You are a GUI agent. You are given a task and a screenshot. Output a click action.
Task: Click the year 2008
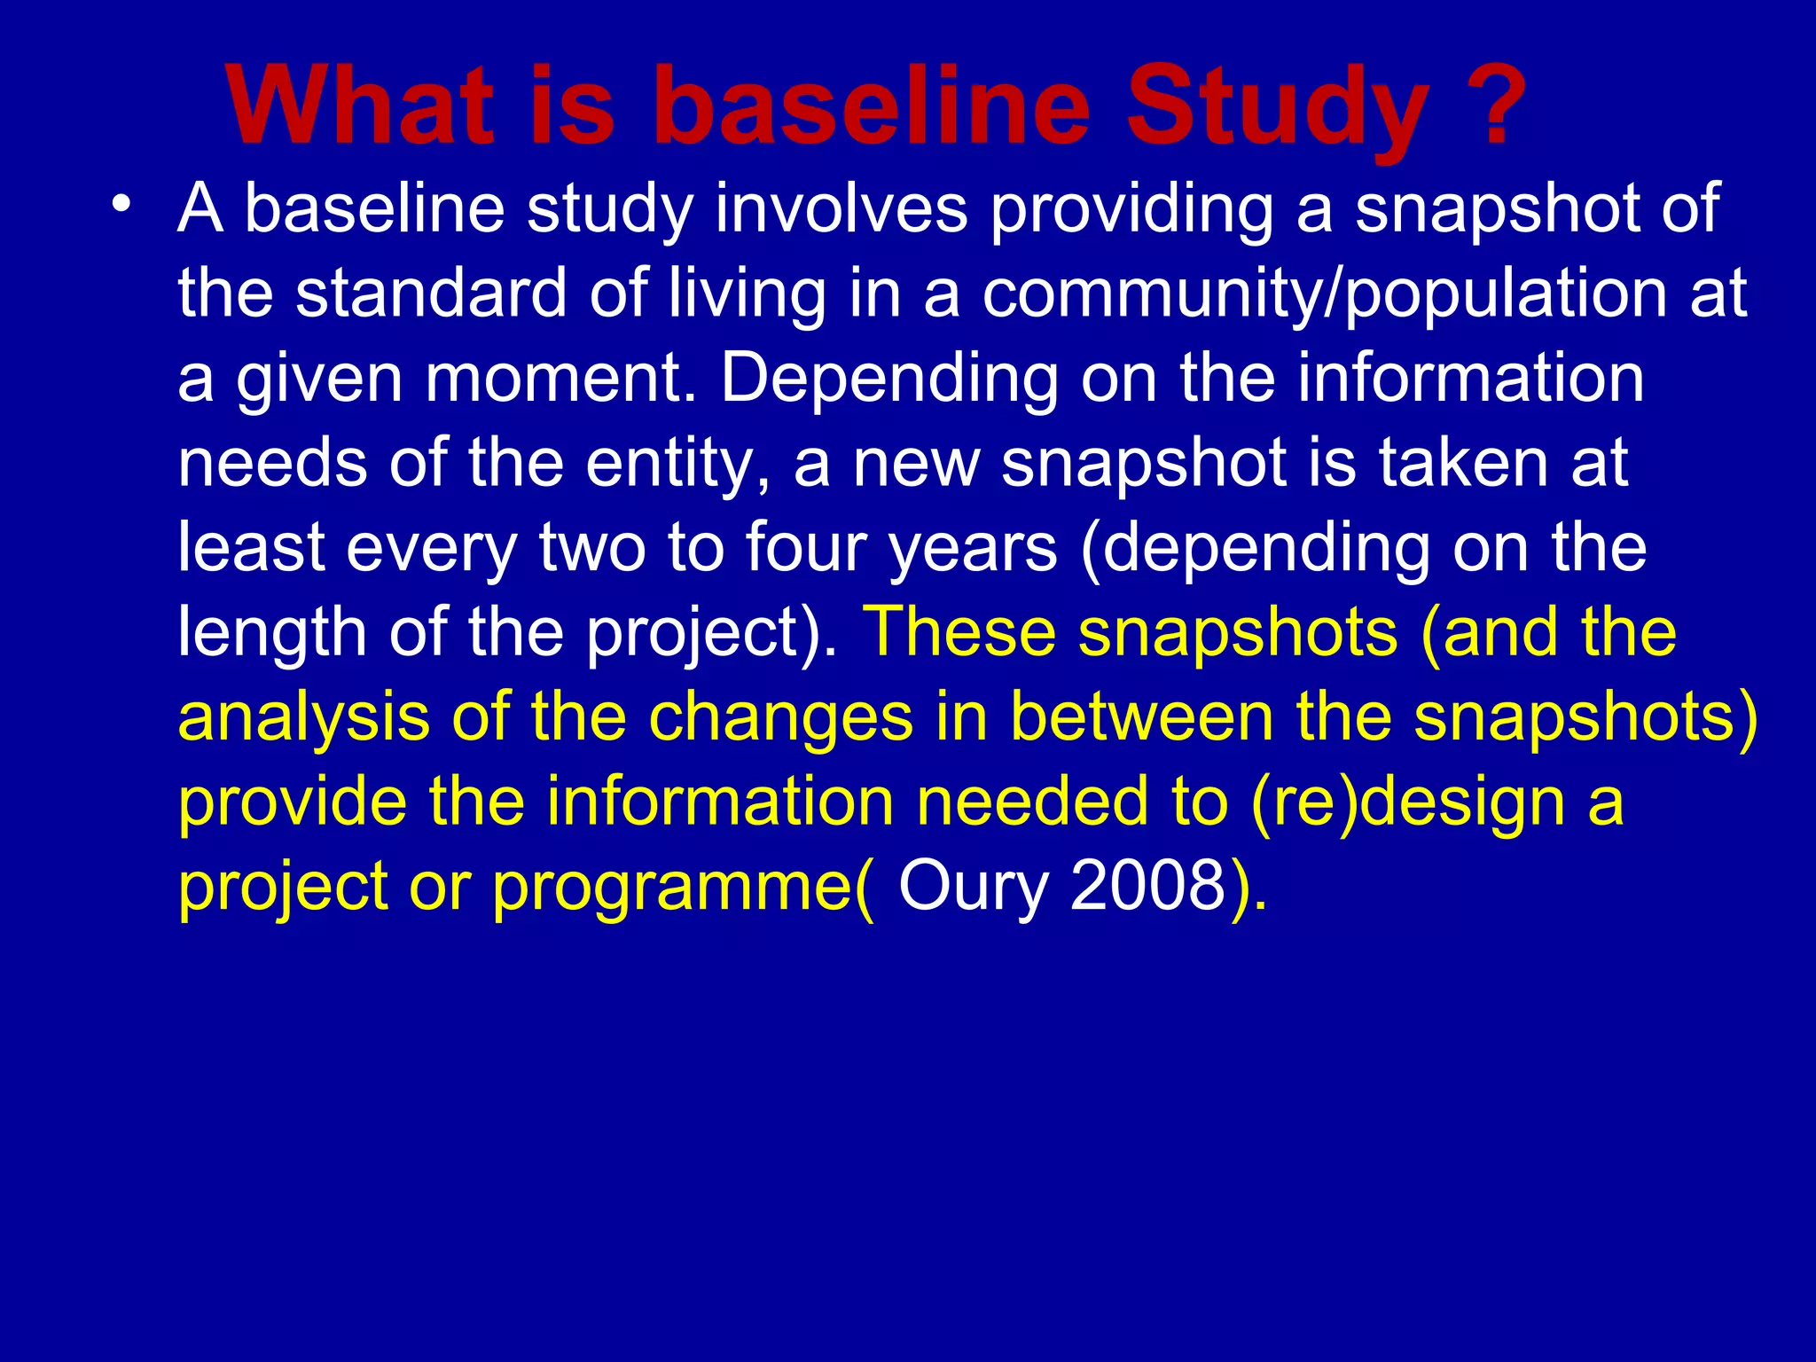coord(1147,886)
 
